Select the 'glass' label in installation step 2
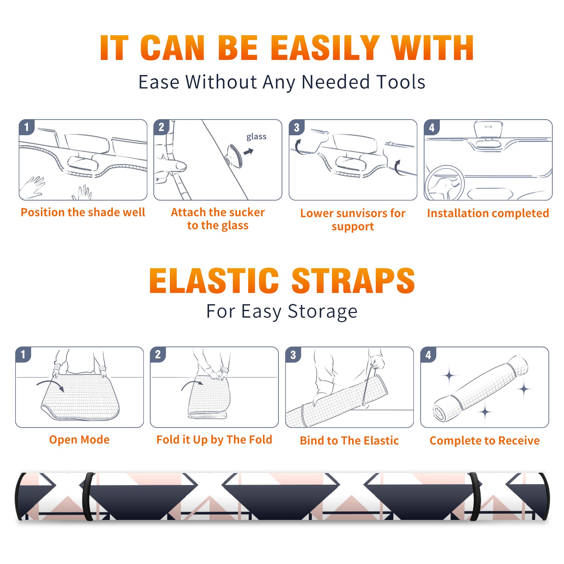click(x=256, y=136)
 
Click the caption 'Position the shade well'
click(x=83, y=212)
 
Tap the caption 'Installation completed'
click(x=488, y=213)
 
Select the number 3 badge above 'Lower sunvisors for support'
click(x=296, y=127)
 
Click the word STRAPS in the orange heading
click(x=353, y=281)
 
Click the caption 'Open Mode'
click(x=79, y=440)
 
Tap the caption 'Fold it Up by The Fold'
click(x=214, y=440)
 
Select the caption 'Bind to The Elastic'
click(x=349, y=441)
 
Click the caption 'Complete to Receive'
click(x=485, y=441)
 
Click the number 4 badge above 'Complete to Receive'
click(x=428, y=355)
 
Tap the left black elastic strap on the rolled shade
click(x=88, y=497)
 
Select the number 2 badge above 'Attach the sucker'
click(x=161, y=127)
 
